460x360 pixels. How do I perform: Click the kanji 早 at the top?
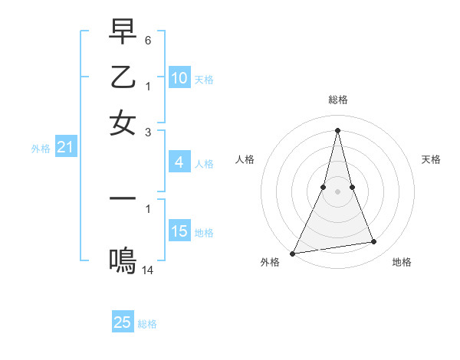tap(123, 33)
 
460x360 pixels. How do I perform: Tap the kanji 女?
tap(123, 123)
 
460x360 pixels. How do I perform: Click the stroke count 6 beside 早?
tap(148, 39)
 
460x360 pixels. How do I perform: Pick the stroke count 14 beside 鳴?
tap(148, 270)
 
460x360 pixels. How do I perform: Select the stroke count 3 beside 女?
tap(148, 132)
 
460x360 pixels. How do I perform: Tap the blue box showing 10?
tap(179, 78)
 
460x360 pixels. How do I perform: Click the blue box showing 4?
tap(179, 162)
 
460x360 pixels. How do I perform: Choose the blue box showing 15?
tap(179, 231)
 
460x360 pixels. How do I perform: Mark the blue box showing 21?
tap(65, 148)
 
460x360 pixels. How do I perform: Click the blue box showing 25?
tap(123, 322)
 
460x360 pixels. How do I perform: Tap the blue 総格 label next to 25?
tap(147, 324)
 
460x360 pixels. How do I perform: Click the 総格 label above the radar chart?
tap(337, 100)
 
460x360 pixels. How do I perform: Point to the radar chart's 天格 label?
tap(432, 159)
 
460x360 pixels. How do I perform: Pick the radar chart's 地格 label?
tap(402, 262)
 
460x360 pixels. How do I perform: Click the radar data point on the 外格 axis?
tap(293, 253)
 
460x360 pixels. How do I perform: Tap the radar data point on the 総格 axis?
tap(337, 129)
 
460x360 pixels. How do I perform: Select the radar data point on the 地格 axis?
tap(374, 242)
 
